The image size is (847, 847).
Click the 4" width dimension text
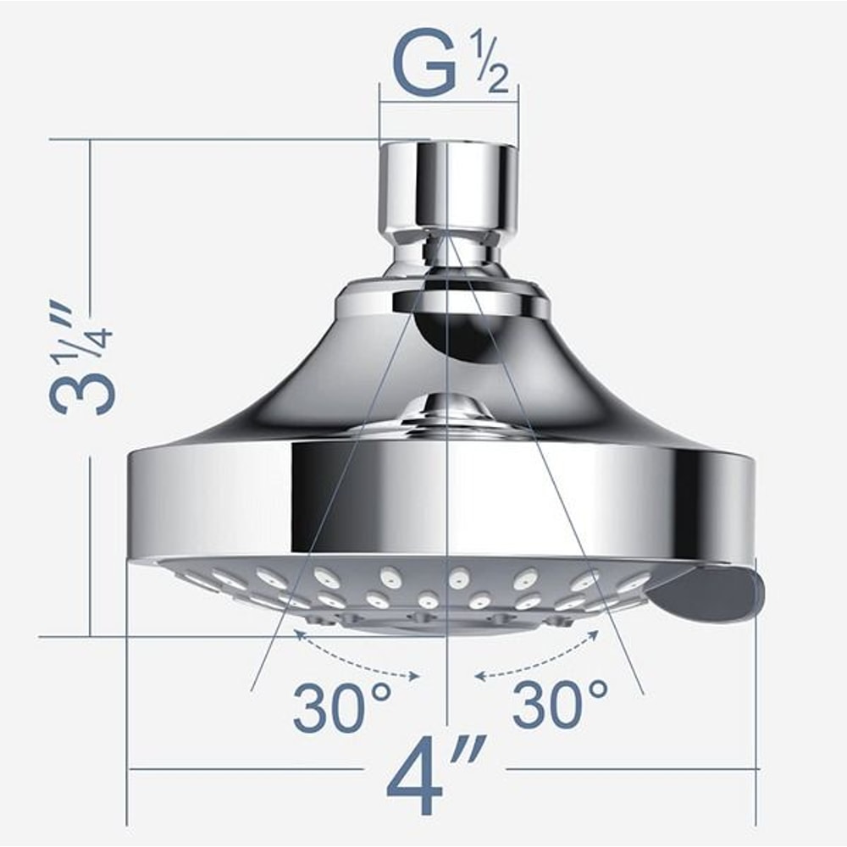[435, 775]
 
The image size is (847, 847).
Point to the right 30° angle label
[561, 702]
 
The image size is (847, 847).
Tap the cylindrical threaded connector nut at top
[448, 186]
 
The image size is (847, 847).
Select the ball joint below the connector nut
[447, 253]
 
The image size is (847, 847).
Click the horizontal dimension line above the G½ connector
[449, 103]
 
